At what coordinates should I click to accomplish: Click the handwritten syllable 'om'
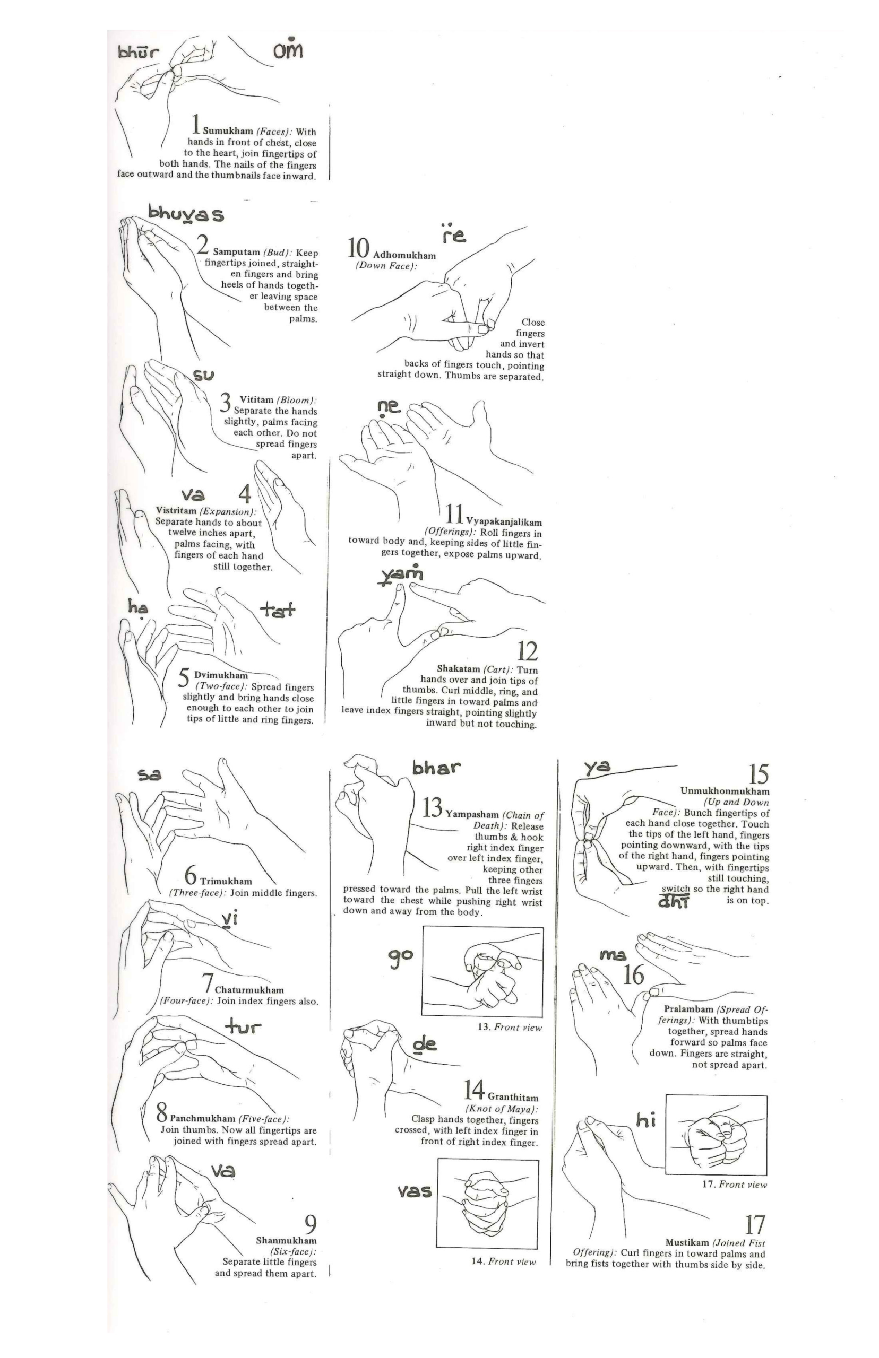(x=288, y=50)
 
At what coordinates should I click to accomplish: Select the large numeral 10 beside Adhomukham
(x=359, y=249)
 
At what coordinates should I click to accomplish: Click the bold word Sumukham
(x=228, y=131)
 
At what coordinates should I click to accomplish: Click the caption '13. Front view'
(x=510, y=1027)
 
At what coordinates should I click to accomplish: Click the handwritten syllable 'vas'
(x=415, y=1191)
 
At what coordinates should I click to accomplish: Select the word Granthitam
(x=513, y=1098)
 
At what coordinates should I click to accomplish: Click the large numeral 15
(x=759, y=774)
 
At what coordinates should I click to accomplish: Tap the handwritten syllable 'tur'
(x=243, y=1027)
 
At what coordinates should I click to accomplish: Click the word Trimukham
(x=226, y=881)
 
